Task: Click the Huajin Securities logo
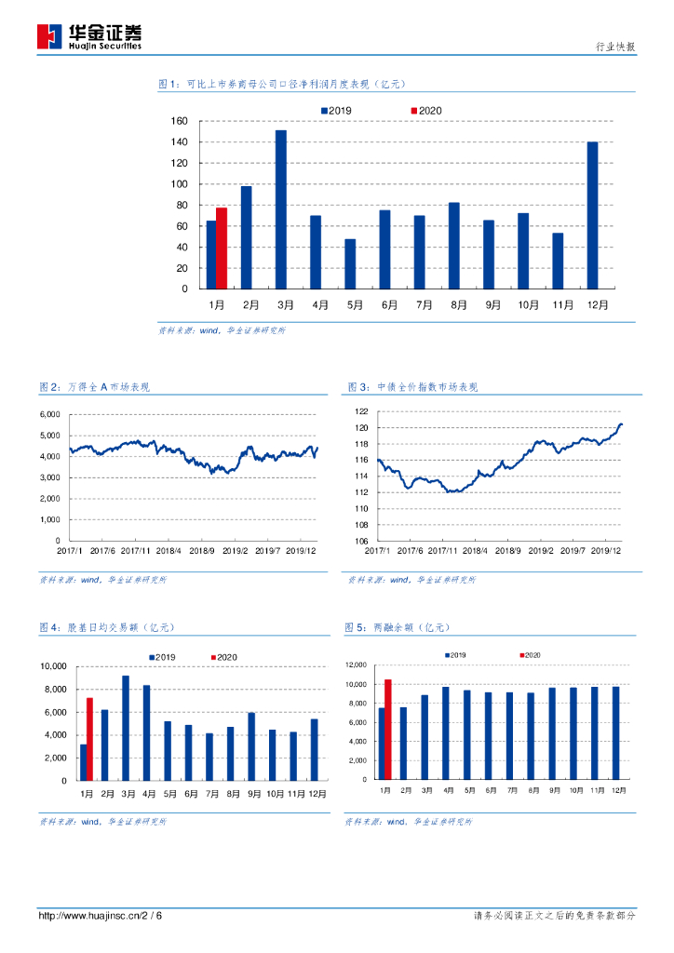[x=89, y=36]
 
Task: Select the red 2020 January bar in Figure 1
[x=222, y=248]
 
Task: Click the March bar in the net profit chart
[x=281, y=210]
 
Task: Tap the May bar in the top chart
[x=350, y=264]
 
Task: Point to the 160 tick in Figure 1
[x=180, y=121]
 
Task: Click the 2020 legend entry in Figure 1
[x=425, y=111]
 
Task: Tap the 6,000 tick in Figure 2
[x=50, y=414]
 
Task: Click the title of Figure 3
[x=411, y=387]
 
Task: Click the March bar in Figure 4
[x=126, y=729]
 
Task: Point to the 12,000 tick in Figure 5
[x=358, y=664]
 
